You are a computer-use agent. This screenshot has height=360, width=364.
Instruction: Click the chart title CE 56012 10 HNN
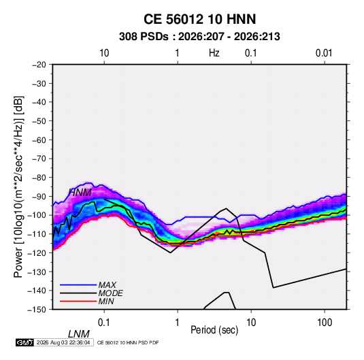coord(199,19)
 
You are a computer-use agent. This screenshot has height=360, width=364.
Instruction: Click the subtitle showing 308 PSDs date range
coord(199,37)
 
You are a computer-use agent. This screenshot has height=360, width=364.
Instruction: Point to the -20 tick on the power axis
coord(39,65)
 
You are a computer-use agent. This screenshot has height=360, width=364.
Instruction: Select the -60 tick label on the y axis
coord(39,140)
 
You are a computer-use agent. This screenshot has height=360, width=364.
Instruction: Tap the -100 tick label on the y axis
coord(37,215)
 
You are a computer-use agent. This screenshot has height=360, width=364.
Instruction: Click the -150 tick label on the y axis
coord(37,310)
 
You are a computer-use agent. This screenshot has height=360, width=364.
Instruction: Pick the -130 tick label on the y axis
coord(37,272)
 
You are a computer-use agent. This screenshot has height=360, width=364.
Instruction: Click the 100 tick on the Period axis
coord(325,323)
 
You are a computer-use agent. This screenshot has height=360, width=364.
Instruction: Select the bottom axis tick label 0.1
coord(104,323)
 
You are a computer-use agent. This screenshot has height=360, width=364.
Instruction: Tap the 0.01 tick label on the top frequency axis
coord(324,53)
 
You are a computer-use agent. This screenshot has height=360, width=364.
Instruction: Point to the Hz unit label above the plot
coord(214,53)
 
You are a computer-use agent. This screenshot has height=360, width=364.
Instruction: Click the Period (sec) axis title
coord(214,330)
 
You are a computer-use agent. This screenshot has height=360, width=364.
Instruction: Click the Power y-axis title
coord(18,186)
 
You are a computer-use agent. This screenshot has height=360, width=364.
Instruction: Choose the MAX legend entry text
coord(107,284)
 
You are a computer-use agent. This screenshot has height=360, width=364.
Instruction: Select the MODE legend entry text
coord(110,293)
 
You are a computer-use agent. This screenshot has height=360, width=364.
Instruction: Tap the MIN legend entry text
coord(106,301)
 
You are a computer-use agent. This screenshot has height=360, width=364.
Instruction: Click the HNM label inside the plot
coord(80,193)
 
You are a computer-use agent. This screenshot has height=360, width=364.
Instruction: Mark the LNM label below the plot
coord(78,334)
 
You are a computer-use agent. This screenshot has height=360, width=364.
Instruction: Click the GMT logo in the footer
coord(24,342)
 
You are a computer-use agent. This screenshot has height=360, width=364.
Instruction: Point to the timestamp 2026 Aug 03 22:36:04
coord(63,342)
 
